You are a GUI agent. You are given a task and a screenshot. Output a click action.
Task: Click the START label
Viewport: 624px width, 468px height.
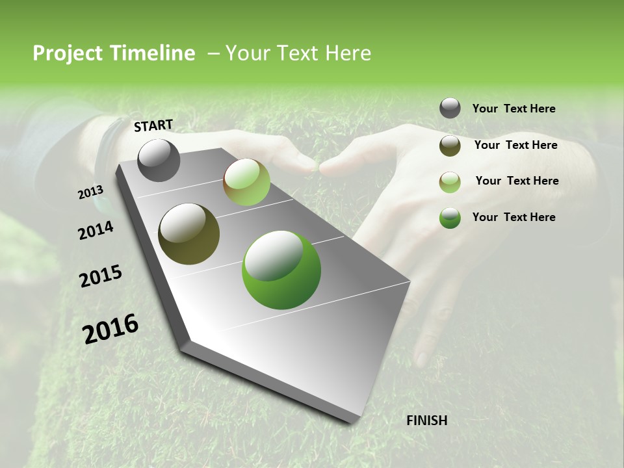153,125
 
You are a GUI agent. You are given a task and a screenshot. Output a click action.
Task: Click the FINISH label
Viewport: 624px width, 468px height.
426,421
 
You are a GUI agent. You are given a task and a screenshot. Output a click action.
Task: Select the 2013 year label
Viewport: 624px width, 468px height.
90,192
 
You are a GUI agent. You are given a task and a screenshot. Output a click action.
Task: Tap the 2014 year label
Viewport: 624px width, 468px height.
96,230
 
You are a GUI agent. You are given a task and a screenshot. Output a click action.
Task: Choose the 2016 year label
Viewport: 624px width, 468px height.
110,328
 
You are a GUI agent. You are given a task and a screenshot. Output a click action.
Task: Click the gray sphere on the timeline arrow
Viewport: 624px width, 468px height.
159,160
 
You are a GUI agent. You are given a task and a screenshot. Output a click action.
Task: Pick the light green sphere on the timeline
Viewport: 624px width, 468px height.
246,182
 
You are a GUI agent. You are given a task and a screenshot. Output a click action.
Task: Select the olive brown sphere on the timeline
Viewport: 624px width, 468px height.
188,234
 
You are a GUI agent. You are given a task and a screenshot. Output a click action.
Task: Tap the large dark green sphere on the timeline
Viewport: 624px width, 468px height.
281,269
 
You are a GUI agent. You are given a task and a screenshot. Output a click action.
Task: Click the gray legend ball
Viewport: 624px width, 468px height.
450,109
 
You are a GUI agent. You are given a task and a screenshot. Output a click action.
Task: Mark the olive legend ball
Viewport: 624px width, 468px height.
450,146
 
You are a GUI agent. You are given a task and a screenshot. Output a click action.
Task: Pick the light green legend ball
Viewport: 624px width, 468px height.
450,182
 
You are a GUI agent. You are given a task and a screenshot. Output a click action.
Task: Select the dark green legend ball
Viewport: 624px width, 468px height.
450,218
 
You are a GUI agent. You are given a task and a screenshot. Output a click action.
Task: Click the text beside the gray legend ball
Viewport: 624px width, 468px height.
513,109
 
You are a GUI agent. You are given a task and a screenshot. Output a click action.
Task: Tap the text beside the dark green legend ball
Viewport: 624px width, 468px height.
513,217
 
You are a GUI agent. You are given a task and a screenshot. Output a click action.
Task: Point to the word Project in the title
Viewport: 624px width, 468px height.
67,53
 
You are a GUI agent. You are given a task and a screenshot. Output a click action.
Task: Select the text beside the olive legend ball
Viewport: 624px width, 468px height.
515,145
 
